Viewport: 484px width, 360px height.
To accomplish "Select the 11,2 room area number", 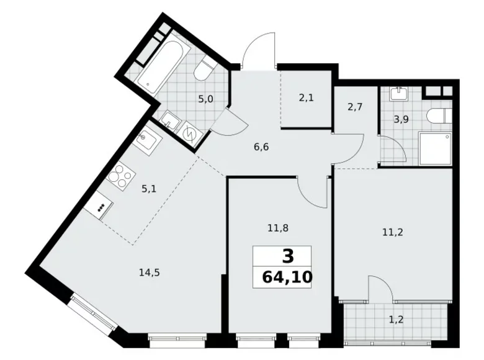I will [392, 234].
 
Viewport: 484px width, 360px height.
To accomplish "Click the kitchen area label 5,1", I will [148, 189].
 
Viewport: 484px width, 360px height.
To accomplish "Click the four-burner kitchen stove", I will [119, 174].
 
